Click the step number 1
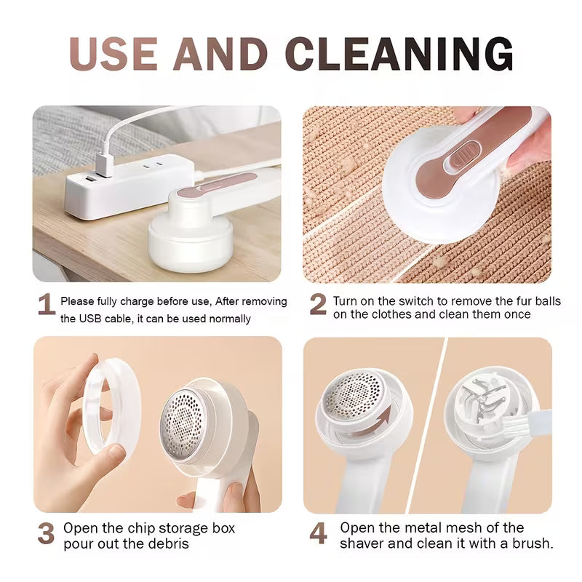(x=46, y=305)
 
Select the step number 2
(x=318, y=305)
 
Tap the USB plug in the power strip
(x=103, y=166)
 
